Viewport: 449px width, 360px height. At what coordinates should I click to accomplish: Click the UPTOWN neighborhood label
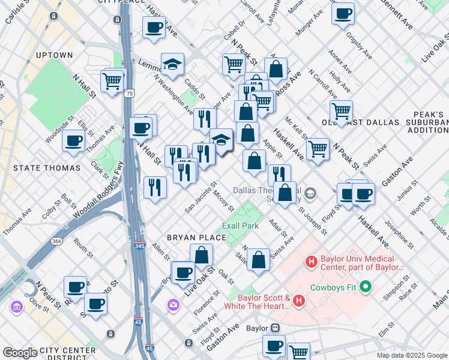click(54, 55)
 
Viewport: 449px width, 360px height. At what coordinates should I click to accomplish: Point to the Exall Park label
click(240, 226)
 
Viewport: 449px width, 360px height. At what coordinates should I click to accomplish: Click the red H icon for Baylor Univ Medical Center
click(311, 262)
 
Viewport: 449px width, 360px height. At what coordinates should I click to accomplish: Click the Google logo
click(20, 353)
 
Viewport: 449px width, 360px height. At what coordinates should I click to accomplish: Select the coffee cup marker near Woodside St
click(73, 141)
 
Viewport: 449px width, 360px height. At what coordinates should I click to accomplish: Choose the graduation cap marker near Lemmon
click(173, 64)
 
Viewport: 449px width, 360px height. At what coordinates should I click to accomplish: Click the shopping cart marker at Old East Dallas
click(341, 110)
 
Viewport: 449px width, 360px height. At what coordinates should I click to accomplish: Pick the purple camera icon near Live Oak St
click(173, 305)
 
